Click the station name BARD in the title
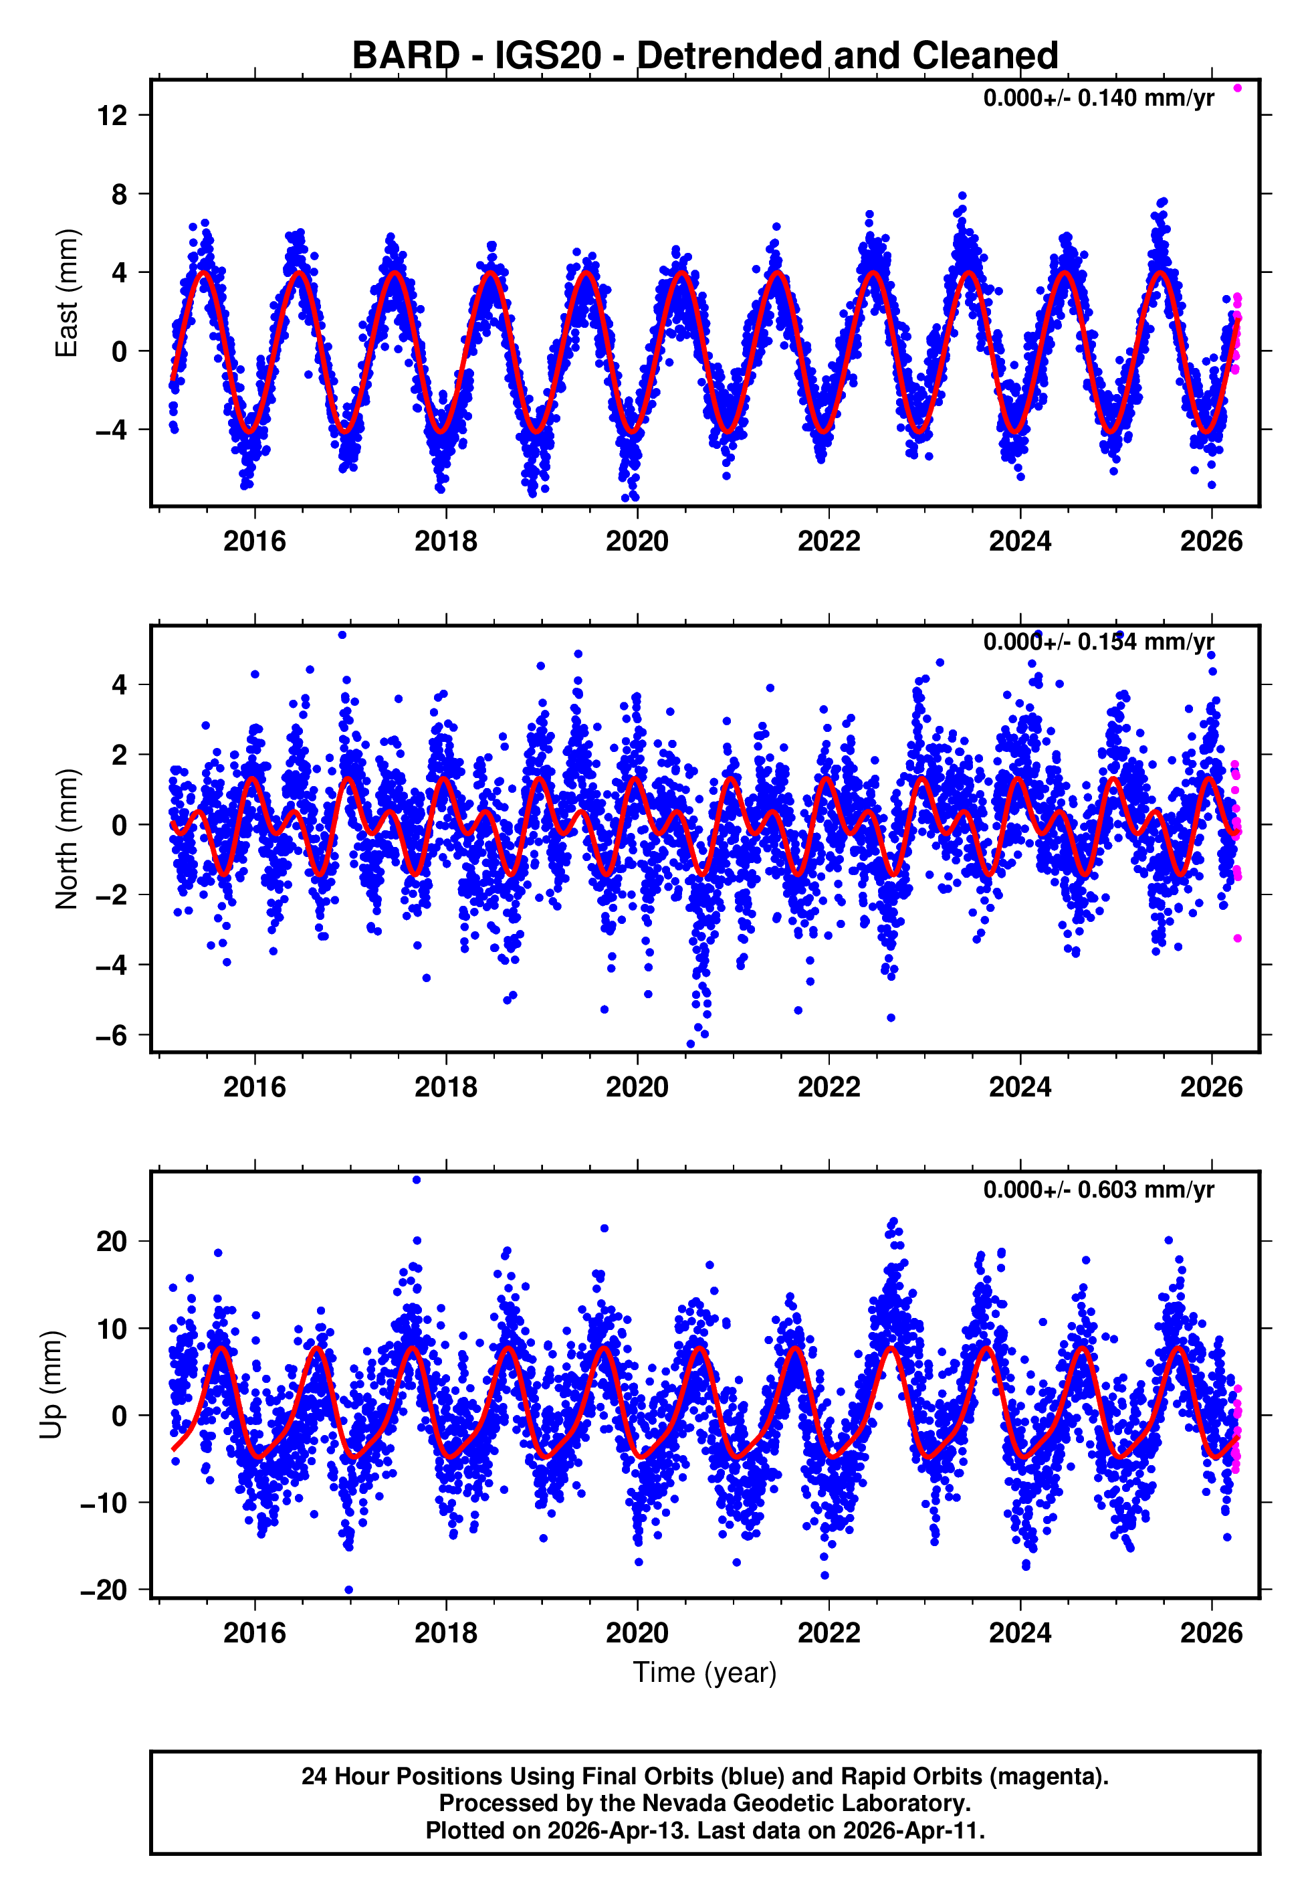coord(405,56)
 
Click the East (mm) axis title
coord(67,294)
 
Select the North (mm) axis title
coord(67,839)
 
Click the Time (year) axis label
coord(705,1673)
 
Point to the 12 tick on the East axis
coord(112,116)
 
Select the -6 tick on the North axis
coord(112,1035)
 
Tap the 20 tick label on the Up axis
coord(112,1242)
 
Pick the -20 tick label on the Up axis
coord(104,1590)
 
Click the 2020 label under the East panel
coord(637,542)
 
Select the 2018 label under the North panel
coord(445,1088)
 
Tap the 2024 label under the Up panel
coord(1019,1632)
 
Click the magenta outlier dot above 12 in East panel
coord(1237,88)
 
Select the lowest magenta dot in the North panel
coord(1237,938)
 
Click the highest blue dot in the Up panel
coord(417,1180)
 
